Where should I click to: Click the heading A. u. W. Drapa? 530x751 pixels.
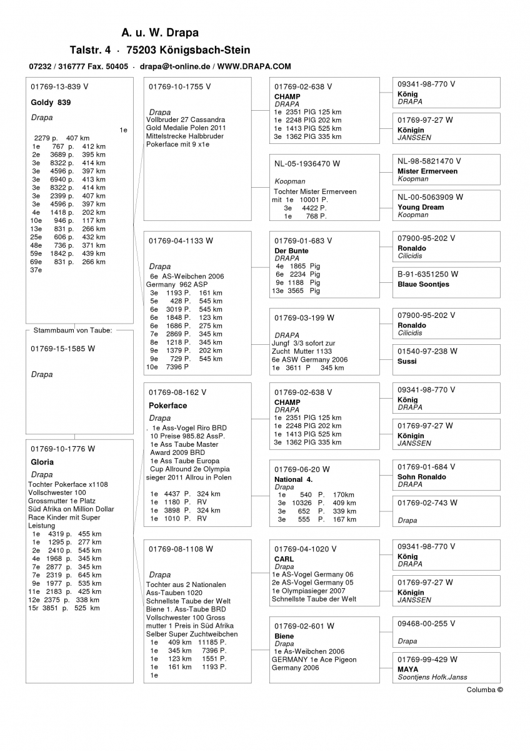point(160,33)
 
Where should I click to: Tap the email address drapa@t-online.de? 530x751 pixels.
point(176,66)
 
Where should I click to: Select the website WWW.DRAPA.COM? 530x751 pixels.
point(254,66)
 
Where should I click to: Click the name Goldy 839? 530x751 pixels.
point(51,102)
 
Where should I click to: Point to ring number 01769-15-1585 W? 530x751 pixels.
point(62,349)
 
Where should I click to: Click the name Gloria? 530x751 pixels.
point(42,461)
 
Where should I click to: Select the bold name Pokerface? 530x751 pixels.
point(167,406)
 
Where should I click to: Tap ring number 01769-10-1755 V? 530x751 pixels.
point(179,87)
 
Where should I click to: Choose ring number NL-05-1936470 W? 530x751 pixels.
point(307,164)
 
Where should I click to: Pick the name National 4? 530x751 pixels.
point(293,479)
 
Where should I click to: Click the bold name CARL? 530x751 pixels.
point(284,559)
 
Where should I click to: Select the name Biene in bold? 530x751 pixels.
point(284,636)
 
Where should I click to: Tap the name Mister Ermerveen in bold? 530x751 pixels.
point(427,171)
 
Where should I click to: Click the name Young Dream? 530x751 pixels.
point(421,207)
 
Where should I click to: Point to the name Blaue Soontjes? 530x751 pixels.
point(423,284)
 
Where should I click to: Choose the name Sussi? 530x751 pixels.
point(407,361)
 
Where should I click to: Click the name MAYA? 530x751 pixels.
point(408,669)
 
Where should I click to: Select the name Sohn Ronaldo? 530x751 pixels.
point(422,476)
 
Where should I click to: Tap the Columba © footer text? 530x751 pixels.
point(484,690)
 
